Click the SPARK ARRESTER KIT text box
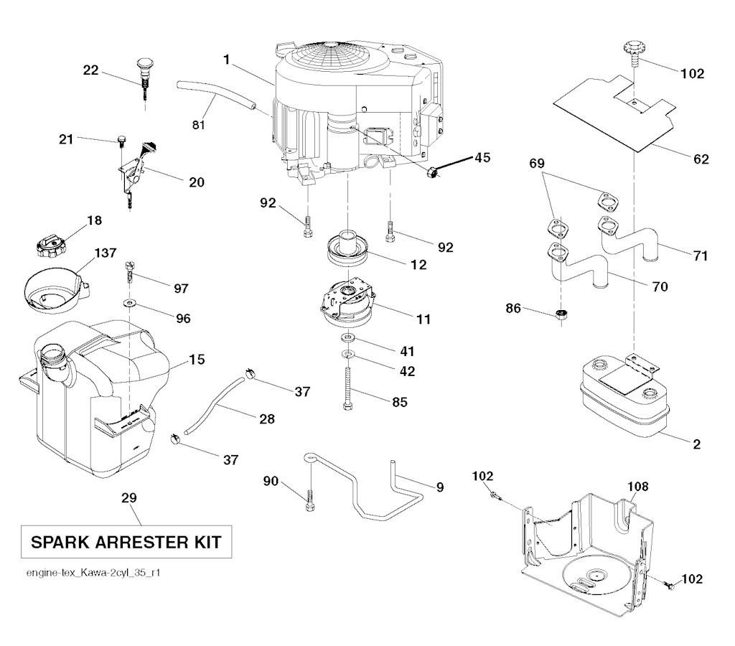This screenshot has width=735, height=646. tap(125, 542)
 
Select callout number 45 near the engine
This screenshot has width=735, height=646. tap(482, 158)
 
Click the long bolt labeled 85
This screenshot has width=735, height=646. tap(348, 388)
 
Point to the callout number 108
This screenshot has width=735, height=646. tap(638, 487)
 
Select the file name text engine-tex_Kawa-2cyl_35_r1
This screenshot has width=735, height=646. tap(92, 574)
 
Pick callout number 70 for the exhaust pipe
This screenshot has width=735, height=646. tap(660, 286)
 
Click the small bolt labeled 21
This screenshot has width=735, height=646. tap(120, 139)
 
